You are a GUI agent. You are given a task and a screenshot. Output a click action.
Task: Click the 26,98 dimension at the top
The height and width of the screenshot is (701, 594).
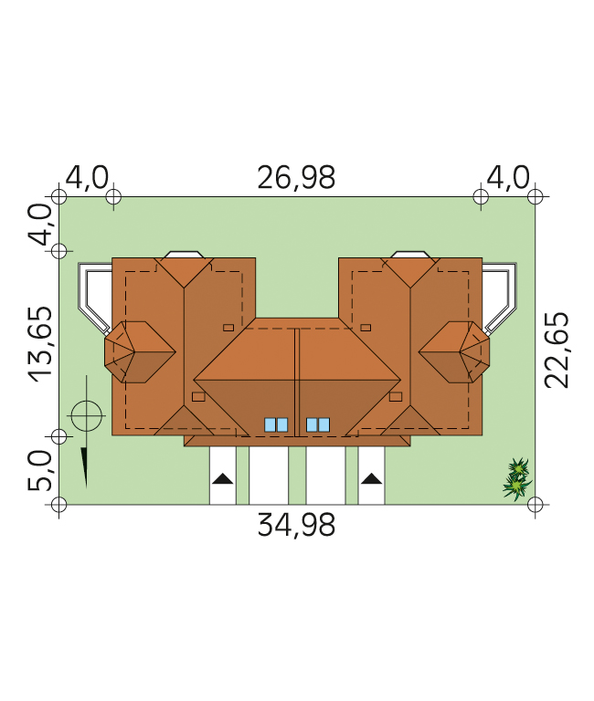click(x=296, y=178)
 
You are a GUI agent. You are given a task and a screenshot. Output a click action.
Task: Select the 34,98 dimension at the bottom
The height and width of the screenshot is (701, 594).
click(x=296, y=525)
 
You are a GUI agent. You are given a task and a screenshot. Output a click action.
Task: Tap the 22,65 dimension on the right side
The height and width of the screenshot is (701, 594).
click(x=557, y=350)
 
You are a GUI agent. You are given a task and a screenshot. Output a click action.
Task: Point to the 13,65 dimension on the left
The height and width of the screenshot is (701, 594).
click(x=41, y=344)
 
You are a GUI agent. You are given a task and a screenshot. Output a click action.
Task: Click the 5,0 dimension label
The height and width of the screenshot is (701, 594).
click(x=40, y=470)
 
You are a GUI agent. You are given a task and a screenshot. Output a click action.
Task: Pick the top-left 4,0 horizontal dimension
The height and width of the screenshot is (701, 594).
click(x=87, y=178)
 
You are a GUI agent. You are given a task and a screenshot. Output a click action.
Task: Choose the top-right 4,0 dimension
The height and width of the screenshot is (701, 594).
click(x=508, y=178)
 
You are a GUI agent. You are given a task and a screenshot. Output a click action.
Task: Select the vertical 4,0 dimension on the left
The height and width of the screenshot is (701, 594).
click(x=40, y=225)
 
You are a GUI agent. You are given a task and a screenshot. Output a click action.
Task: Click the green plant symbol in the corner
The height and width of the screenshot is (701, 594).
click(x=517, y=479)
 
